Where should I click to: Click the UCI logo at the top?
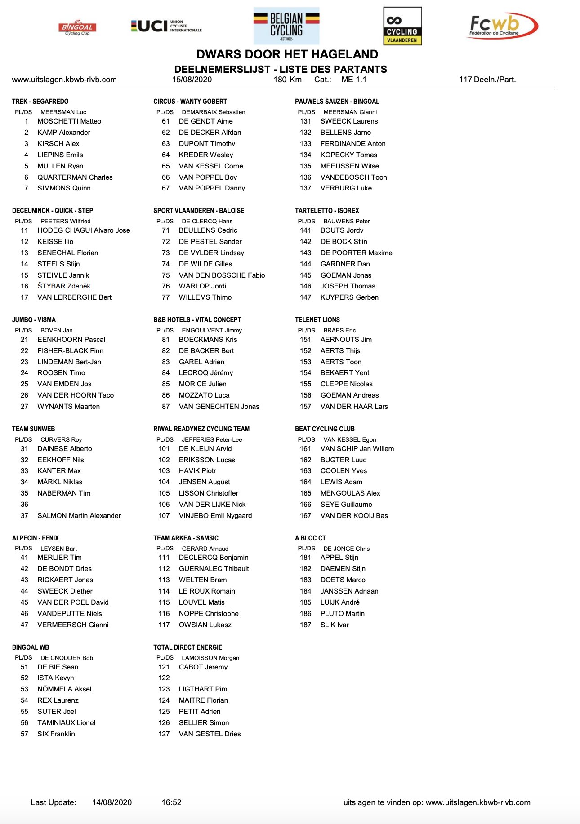(x=166, y=26)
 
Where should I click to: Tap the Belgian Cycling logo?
(x=286, y=26)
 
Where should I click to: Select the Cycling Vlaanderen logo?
(x=402, y=26)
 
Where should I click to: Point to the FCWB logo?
(x=502, y=26)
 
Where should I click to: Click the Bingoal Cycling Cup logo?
(x=77, y=27)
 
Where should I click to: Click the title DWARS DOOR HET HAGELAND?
(x=287, y=54)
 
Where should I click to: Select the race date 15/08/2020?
(x=192, y=80)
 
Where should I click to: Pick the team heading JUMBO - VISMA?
(x=34, y=320)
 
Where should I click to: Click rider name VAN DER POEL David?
(x=73, y=602)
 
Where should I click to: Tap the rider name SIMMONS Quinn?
(x=64, y=188)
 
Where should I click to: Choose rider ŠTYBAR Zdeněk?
(x=64, y=286)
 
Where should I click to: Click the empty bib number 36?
(x=24, y=504)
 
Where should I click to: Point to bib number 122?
(x=164, y=678)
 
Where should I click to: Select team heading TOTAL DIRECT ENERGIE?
(x=187, y=647)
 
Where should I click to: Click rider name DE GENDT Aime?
(x=205, y=121)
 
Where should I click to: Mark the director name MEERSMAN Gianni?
(x=350, y=112)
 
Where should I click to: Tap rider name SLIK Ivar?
(x=335, y=625)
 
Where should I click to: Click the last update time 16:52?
(x=171, y=802)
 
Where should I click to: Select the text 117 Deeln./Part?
(x=487, y=80)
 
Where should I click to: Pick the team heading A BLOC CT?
(x=310, y=538)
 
